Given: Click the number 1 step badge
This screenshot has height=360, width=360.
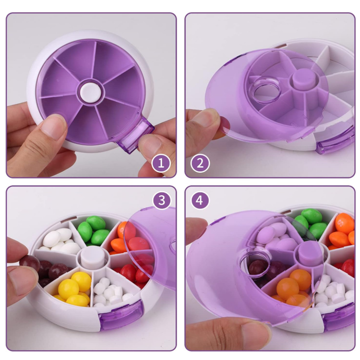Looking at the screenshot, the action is tap(161, 163).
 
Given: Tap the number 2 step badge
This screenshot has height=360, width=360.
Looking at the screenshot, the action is tap(200, 163).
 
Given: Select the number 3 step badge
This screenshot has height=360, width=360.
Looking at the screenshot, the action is tap(162, 200).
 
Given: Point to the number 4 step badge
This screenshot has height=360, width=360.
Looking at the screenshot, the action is tap(200, 200).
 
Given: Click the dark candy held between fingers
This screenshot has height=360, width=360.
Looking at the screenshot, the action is tap(29, 263).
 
